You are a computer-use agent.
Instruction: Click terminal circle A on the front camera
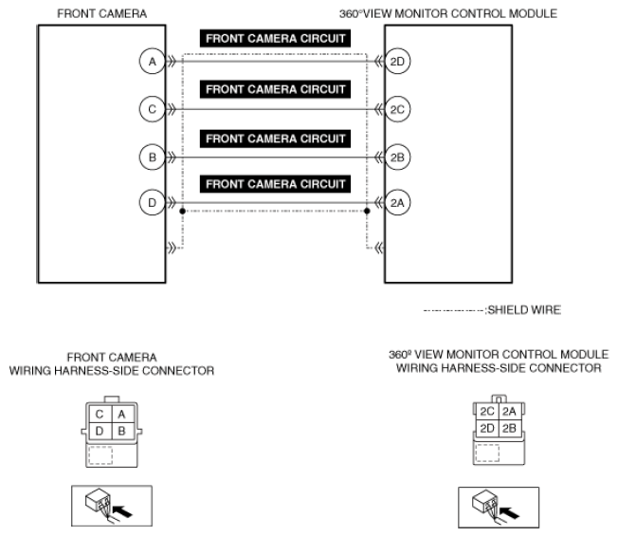click(x=150, y=63)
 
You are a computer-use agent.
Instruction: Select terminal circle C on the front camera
click(x=150, y=110)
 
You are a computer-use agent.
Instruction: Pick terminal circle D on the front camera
click(x=150, y=203)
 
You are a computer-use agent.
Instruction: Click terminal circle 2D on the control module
click(x=397, y=63)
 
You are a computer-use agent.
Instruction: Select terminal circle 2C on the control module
click(x=397, y=110)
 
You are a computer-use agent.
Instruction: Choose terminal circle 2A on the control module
click(x=397, y=203)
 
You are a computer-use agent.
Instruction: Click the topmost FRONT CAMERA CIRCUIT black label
click(x=275, y=40)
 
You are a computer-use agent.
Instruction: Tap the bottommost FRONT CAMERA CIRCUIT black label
click(x=275, y=183)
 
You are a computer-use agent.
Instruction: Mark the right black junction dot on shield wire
click(x=367, y=212)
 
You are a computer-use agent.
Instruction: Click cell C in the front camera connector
click(x=100, y=414)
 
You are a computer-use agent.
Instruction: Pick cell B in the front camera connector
click(x=119, y=431)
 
